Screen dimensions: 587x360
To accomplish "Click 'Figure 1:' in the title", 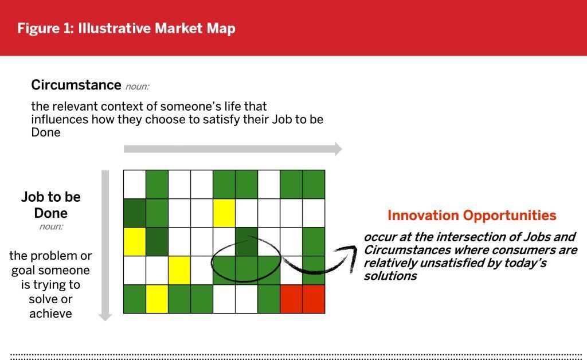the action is click(46, 29).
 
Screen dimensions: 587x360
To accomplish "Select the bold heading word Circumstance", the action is click(76, 85).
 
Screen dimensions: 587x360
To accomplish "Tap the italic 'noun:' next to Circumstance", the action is click(137, 87).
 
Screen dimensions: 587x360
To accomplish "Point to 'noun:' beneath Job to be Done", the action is click(51, 226).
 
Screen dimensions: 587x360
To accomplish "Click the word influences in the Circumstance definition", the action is click(60, 119).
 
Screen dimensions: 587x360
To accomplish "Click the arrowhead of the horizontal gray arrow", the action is click(338, 149).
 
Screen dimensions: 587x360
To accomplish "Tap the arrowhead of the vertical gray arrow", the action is click(105, 317).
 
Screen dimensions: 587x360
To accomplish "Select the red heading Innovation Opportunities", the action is click(472, 215).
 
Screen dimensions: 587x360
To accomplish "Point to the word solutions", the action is click(390, 276).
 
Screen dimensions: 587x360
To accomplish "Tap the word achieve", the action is click(50, 314).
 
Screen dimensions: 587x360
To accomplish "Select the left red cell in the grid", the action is click(291, 299).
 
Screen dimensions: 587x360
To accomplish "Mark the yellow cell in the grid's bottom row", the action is click(157, 299).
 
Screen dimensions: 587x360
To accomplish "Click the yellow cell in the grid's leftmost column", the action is click(134, 242).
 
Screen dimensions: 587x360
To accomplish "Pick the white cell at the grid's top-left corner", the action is click(134, 185).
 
